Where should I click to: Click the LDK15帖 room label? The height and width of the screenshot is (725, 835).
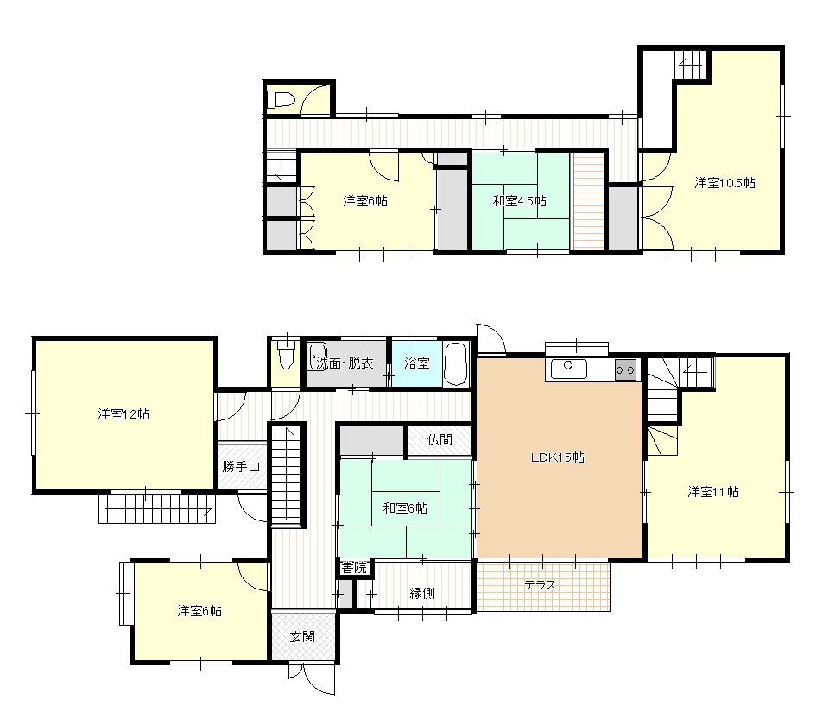[558, 457]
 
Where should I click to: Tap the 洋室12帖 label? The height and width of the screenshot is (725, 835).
[123, 414]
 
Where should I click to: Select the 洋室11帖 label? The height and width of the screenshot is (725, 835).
[713, 492]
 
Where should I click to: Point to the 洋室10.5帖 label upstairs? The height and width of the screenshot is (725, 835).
[724, 183]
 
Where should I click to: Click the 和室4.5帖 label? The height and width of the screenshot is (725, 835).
[519, 201]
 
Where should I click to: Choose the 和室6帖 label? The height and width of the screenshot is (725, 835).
[405, 508]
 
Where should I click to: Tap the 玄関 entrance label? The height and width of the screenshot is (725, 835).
[302, 637]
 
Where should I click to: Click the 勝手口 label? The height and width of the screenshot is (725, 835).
[241, 467]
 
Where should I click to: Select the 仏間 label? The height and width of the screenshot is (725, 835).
[440, 439]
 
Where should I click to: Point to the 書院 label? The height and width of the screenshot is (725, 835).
[354, 567]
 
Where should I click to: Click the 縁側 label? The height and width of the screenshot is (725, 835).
[421, 593]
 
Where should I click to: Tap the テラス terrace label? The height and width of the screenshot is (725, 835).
[540, 585]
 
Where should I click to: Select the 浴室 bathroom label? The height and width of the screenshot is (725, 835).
[416, 363]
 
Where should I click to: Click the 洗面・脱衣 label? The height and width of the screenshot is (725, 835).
[345, 363]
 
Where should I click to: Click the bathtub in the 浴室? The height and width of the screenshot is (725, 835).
[455, 363]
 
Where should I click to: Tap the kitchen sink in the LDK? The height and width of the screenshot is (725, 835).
[569, 369]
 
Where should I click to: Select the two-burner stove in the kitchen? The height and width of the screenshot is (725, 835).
[625, 370]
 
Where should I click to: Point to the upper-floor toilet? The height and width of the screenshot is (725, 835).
[281, 99]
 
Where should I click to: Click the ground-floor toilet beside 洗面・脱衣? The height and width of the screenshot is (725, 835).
[287, 355]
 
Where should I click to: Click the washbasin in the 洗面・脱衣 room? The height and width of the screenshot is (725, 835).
[318, 356]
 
